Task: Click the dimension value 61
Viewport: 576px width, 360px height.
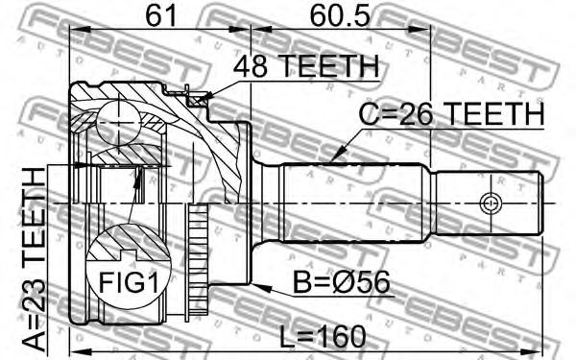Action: coord(161,16)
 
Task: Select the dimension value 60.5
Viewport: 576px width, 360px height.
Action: coord(339,16)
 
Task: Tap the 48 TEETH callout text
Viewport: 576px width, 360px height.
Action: coord(306,66)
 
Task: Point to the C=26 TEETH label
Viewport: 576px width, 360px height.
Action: coord(451,113)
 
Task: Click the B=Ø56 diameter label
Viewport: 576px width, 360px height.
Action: coord(341,282)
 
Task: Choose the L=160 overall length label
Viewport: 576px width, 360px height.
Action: coord(323,337)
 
